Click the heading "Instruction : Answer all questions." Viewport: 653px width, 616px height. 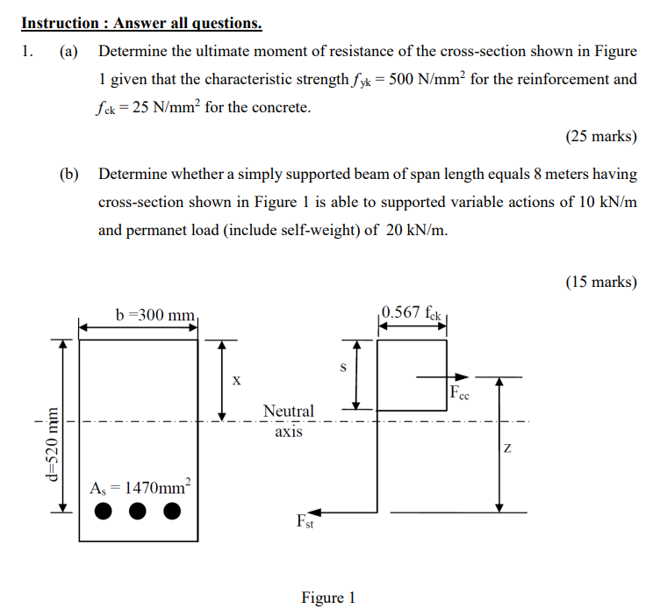[141, 22]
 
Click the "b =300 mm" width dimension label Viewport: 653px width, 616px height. [154, 314]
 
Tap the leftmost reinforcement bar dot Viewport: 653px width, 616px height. [104, 511]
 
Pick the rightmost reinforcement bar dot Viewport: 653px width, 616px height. [172, 511]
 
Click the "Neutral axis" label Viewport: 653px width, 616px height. [288, 420]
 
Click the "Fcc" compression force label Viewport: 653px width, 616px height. [460, 393]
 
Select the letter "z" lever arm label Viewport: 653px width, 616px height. [508, 448]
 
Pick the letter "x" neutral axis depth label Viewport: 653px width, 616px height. [235, 380]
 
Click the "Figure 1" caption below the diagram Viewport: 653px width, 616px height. [327, 598]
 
